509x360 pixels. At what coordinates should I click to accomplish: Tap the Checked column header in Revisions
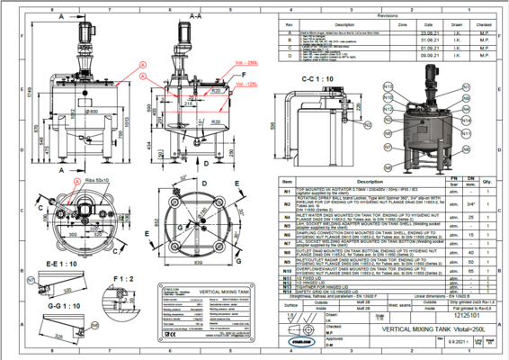(x=483, y=24)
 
